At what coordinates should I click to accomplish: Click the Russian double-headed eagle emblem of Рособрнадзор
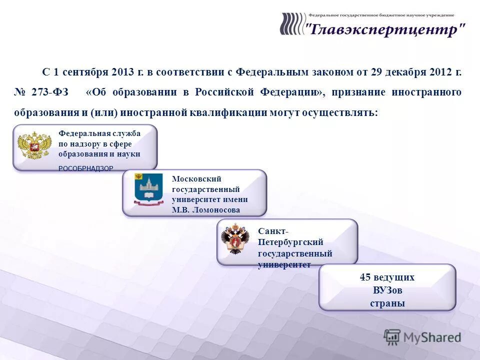click(34, 145)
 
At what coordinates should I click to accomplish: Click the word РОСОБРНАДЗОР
click(85, 168)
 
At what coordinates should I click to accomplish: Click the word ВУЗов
click(387, 290)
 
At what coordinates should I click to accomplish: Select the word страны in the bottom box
click(387, 303)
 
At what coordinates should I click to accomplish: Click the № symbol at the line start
click(20, 92)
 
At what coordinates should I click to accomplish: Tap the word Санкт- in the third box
click(273, 231)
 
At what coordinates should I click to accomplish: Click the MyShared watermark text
click(432, 337)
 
